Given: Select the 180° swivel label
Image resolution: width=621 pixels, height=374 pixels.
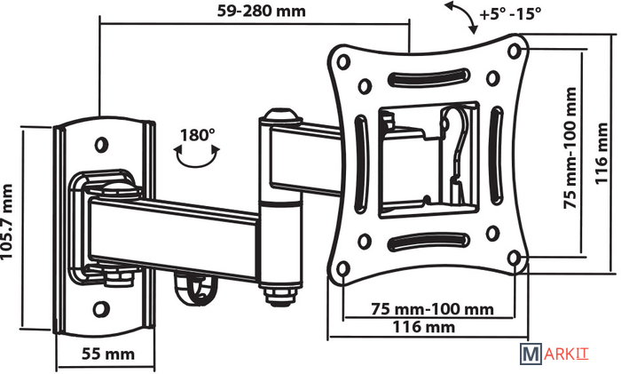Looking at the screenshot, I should (x=197, y=135).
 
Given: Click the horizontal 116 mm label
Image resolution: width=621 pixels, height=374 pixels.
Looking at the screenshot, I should (x=425, y=327).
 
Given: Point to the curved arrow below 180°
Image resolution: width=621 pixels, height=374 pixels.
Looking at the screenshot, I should (x=197, y=157).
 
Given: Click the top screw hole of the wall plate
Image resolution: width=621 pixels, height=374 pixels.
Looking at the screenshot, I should (x=102, y=142).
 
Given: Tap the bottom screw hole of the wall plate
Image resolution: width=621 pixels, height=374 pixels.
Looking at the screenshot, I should (x=102, y=310).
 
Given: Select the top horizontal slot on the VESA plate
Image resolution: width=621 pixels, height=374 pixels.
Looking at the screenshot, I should (x=428, y=79).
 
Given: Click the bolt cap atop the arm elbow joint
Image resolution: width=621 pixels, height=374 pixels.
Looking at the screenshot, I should (x=279, y=116).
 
